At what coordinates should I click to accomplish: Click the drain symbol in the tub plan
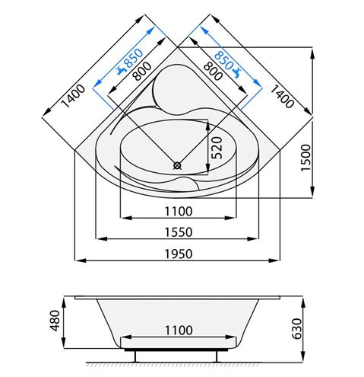point(177,166)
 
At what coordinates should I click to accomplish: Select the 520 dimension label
point(217,148)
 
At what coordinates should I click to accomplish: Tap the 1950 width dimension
point(179,254)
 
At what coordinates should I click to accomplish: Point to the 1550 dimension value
point(179,232)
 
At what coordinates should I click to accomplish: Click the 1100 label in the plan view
point(179,211)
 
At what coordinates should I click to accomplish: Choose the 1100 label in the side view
point(179,331)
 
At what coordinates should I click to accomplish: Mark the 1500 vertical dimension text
point(305,158)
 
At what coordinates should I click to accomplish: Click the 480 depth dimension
point(55,321)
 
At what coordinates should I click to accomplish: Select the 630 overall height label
point(297,329)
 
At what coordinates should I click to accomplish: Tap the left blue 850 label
point(134,58)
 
